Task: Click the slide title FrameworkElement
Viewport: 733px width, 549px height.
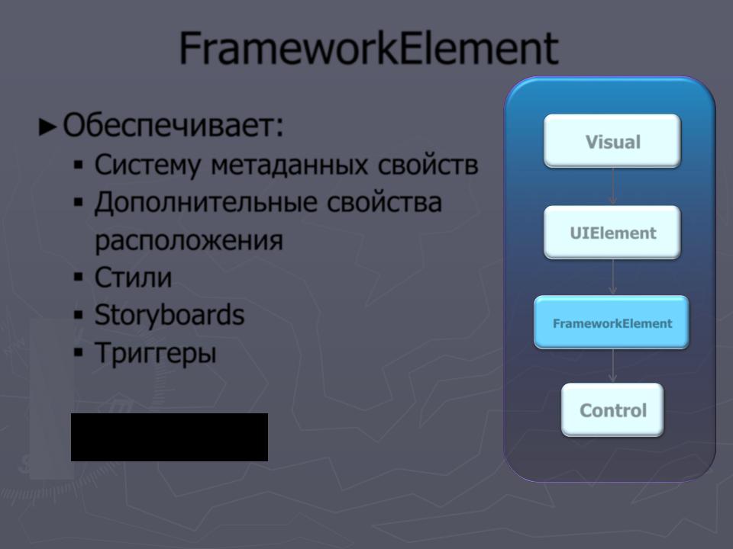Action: point(369,48)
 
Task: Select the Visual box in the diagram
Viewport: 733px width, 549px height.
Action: point(612,140)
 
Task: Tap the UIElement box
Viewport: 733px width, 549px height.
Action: point(612,232)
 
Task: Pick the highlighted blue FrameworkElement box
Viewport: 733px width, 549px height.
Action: point(612,322)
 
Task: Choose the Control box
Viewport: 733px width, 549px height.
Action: point(612,410)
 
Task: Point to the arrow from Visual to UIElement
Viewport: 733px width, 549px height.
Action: point(613,186)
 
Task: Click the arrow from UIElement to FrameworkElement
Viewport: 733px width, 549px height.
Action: point(613,277)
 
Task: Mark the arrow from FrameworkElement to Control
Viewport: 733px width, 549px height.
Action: point(613,366)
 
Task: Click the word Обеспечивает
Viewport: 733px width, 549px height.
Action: point(173,126)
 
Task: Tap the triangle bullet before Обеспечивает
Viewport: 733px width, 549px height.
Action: point(47,127)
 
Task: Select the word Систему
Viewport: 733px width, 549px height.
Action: point(147,165)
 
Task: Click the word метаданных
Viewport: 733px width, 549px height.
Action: point(289,165)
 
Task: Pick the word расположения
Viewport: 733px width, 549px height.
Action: point(189,241)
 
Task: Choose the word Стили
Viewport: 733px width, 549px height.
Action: point(133,278)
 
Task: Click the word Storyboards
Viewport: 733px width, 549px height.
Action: point(170,315)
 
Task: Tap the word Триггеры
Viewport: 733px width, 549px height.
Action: point(156,353)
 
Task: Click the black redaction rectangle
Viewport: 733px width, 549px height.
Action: point(170,437)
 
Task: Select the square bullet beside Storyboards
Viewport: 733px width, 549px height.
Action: point(79,315)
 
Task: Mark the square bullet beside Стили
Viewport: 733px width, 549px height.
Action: point(79,278)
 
